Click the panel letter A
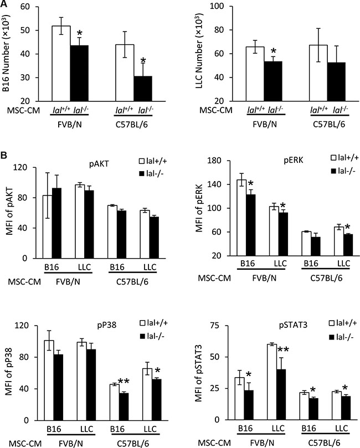[x=4, y=3]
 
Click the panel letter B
[x=4, y=156]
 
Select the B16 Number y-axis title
[x=6, y=54]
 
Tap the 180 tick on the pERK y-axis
[x=215, y=161]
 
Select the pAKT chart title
[x=99, y=164]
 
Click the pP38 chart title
[x=106, y=325]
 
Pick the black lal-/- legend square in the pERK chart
[x=333, y=171]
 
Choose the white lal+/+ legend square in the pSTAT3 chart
[x=332, y=323]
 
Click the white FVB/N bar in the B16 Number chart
[x=61, y=64]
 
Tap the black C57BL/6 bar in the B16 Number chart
[x=143, y=89]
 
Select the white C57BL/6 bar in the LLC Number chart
[x=318, y=73]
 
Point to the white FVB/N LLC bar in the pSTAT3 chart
[x=272, y=382]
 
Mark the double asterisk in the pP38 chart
[x=125, y=382]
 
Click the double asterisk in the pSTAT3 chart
[x=283, y=350]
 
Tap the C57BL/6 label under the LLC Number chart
[x=329, y=125]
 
